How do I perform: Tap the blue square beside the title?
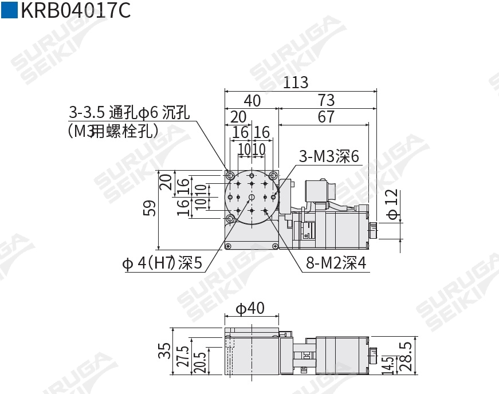click(9, 11)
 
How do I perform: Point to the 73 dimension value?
click(325, 101)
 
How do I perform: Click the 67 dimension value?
click(325, 117)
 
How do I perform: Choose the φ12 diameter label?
click(391, 204)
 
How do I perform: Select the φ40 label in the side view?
click(251, 308)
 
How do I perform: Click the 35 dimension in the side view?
click(164, 351)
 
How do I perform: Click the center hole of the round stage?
click(252, 198)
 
